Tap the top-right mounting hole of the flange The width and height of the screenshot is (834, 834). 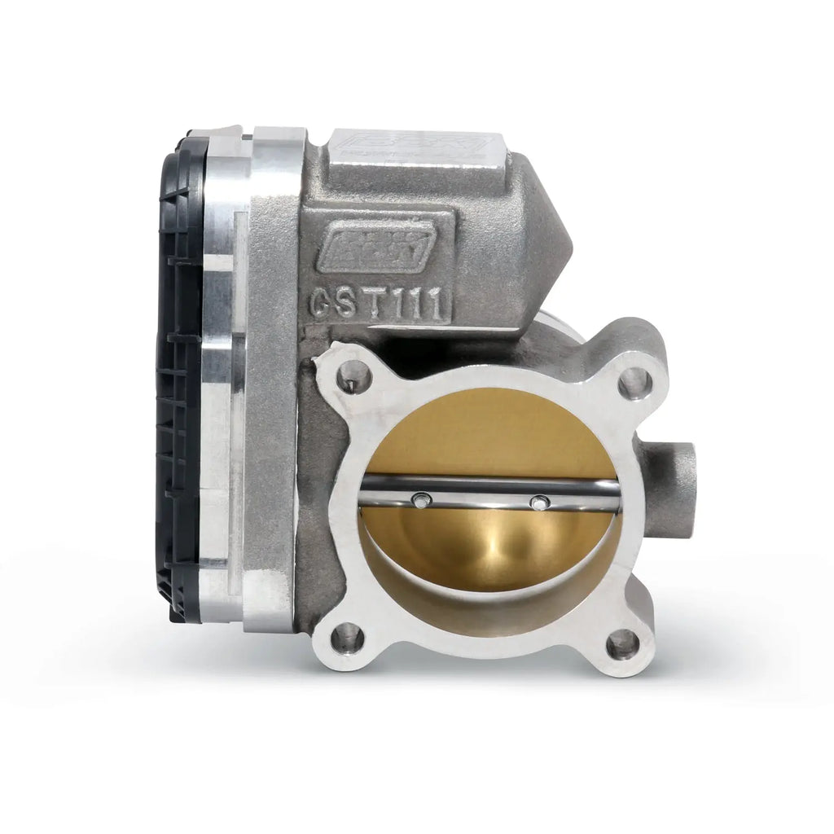pos(634,382)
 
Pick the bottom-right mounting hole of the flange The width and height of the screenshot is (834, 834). pos(622,643)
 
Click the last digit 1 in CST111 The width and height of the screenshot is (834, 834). pos(440,305)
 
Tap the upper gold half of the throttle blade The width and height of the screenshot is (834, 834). pos(489,436)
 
